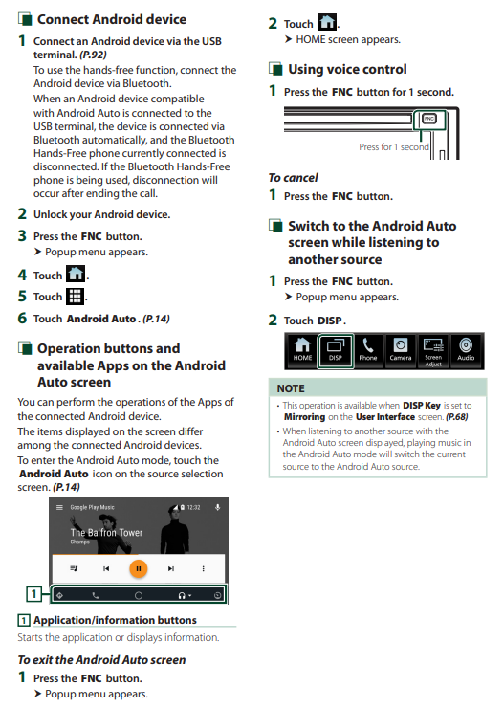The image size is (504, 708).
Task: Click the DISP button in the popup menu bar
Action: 336,351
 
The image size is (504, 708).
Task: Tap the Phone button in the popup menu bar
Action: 368,351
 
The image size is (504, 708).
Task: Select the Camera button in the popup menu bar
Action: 401,351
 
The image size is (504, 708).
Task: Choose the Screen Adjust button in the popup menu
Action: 433,351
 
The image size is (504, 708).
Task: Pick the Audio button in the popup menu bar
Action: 466,351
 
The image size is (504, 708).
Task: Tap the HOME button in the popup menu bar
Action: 302,351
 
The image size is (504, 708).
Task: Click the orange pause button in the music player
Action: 139,568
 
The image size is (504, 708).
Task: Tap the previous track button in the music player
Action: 106,569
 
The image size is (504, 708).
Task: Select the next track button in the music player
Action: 171,569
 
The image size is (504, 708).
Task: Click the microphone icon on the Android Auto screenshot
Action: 217,507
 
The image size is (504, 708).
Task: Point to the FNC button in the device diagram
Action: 429,119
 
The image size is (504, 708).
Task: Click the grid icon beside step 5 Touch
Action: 75,297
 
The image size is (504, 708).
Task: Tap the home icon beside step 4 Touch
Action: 76,275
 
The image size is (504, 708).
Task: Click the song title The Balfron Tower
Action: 106,533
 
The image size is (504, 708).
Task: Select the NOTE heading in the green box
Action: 291,388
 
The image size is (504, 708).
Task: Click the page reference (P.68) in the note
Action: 457,417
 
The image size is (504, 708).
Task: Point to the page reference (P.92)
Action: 93,55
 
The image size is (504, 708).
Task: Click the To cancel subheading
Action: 294,178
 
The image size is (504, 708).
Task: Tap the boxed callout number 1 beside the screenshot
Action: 33,594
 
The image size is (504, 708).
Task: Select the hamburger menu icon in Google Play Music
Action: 59,507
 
